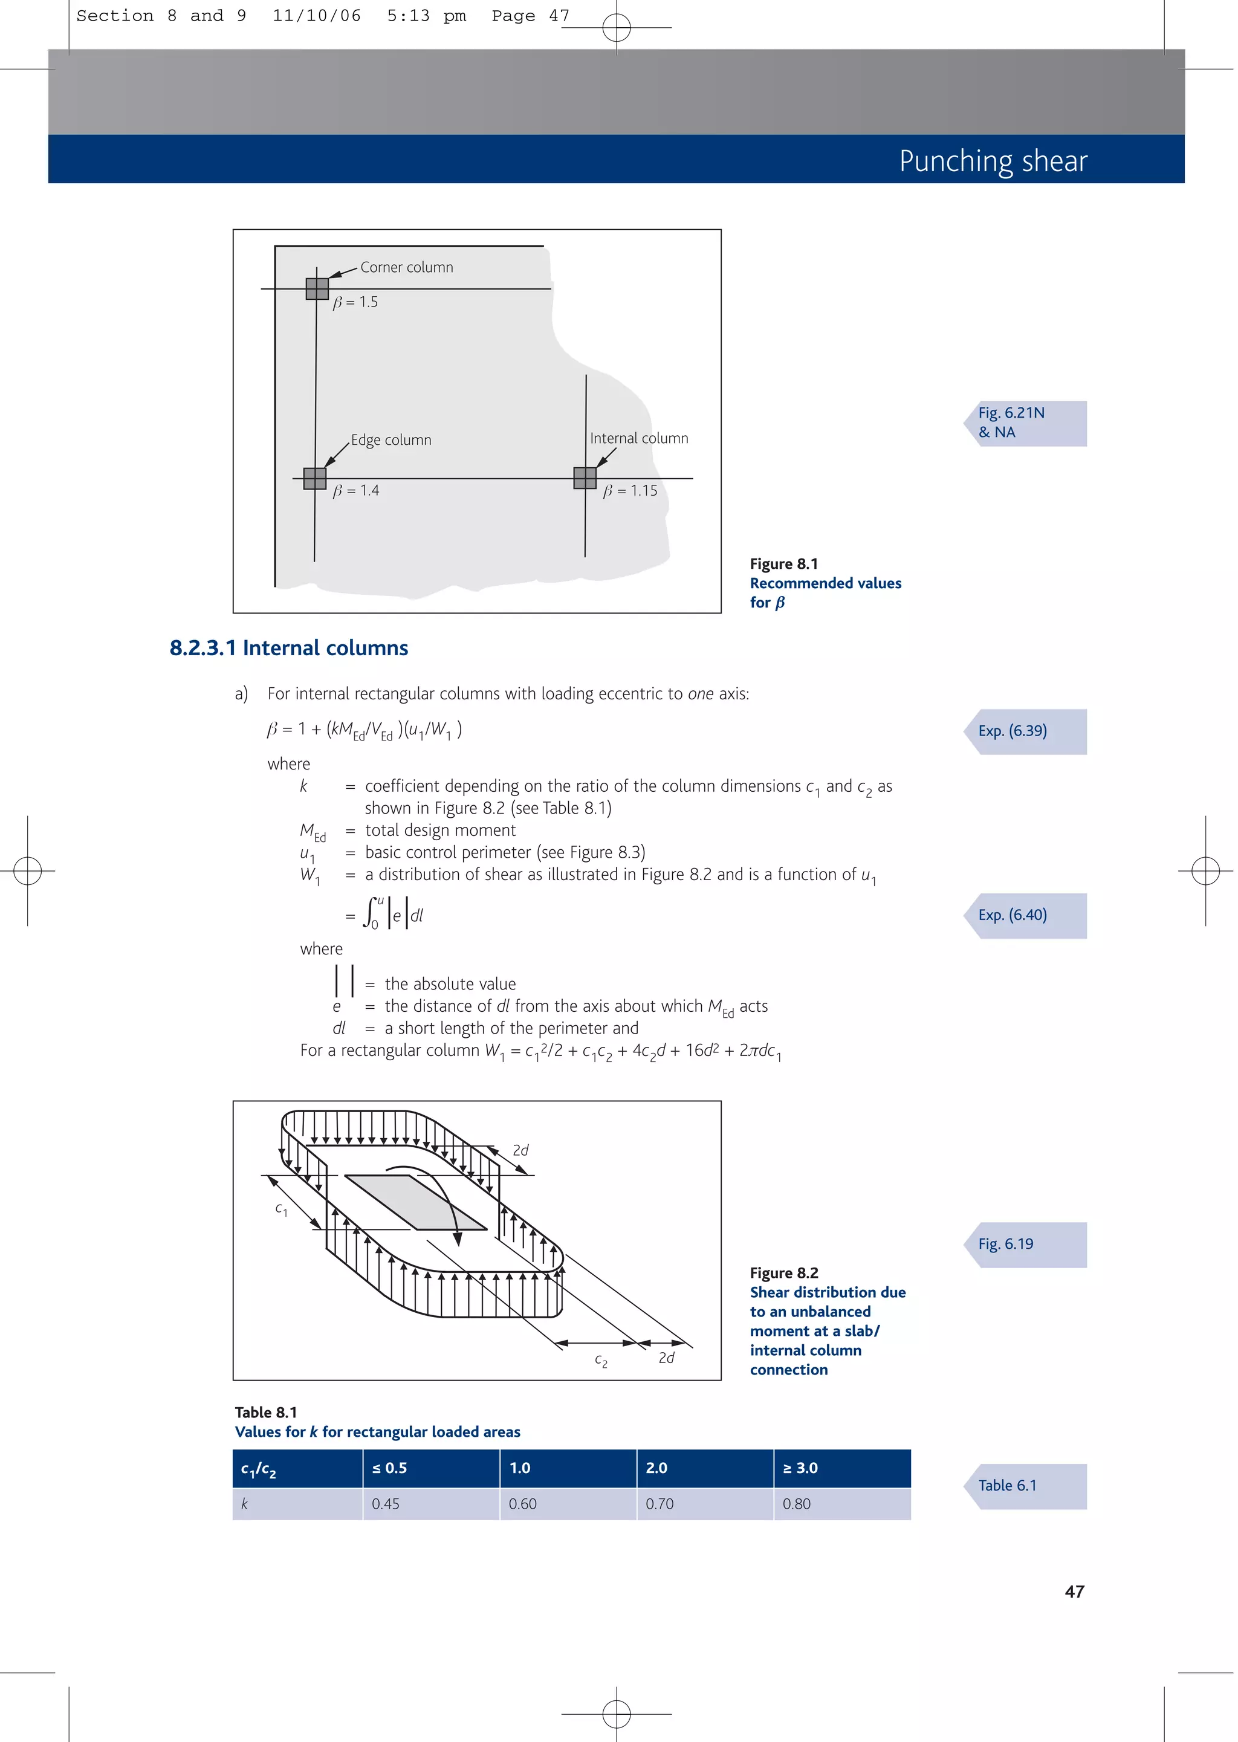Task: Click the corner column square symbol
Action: [x=317, y=289]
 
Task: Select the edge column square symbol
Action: [x=315, y=479]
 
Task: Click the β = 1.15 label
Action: [x=630, y=491]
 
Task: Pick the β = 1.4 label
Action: [x=356, y=491]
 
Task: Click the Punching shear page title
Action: [x=993, y=161]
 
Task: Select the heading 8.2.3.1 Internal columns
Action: [x=289, y=648]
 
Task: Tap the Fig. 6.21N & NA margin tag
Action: [x=1025, y=423]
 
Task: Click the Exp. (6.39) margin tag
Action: [x=1025, y=731]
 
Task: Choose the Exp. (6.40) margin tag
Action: [x=1025, y=915]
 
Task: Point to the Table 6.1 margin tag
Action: [x=1025, y=1486]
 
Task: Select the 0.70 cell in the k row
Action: [x=660, y=1504]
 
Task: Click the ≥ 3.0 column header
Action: [x=800, y=1468]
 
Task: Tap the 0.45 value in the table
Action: [x=386, y=1504]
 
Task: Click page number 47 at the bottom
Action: [x=1074, y=1592]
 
